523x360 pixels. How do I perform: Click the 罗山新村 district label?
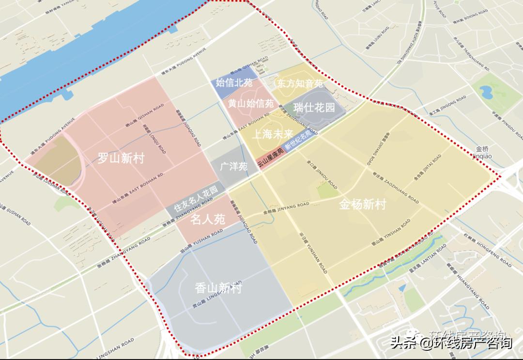point(121,158)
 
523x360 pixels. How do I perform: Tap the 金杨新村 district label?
point(362,204)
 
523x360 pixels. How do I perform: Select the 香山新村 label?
point(218,288)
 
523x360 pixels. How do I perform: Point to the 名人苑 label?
point(207,219)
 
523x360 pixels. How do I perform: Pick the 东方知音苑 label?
point(300,83)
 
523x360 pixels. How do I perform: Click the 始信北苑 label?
point(234,83)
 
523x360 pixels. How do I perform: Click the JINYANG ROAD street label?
point(286,209)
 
